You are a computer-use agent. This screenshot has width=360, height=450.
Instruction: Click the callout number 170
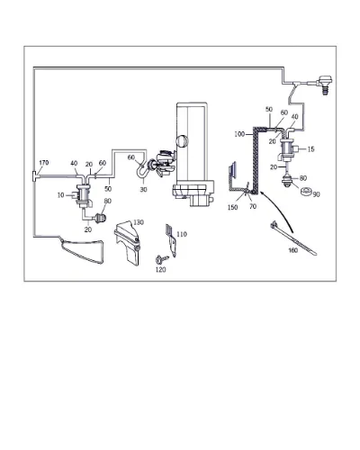tap(44, 163)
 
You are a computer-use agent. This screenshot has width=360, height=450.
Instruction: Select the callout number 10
tap(60, 195)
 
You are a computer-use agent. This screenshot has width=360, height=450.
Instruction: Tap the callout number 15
tap(311, 149)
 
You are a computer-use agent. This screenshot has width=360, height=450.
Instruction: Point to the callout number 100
tap(239, 134)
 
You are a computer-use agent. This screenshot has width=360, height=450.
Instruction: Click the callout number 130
tap(139, 222)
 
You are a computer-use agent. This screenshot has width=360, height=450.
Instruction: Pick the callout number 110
tap(182, 234)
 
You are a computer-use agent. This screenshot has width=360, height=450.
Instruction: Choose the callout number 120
tap(160, 270)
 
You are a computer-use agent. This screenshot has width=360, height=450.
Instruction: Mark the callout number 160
tap(292, 250)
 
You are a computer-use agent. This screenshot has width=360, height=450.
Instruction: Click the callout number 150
tap(232, 207)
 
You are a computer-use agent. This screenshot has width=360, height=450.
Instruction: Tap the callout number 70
tap(253, 206)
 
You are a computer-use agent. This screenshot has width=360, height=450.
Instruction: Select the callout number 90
tap(316, 194)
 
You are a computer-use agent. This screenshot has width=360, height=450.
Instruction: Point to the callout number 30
tap(143, 190)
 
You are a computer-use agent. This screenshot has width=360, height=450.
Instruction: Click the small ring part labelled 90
tap(306, 191)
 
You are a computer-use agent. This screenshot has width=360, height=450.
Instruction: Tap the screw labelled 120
tap(160, 258)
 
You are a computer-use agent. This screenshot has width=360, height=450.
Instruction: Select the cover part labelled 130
tap(127, 242)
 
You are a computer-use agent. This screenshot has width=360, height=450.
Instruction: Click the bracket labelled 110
tap(171, 241)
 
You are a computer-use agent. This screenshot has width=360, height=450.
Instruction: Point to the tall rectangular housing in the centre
tap(192, 141)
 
